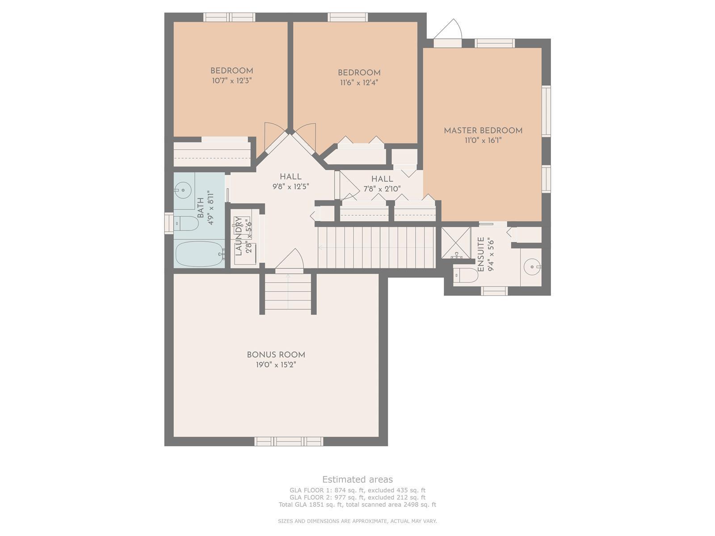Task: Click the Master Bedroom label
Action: [x=483, y=130]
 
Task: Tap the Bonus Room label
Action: [x=276, y=355]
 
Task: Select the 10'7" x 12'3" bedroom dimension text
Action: [x=231, y=80]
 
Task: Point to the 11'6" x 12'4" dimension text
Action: [x=359, y=82]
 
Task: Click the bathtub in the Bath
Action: [x=199, y=254]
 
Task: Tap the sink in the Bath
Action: [x=183, y=190]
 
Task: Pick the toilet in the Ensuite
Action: [x=466, y=275]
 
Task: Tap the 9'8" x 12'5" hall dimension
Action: [x=290, y=186]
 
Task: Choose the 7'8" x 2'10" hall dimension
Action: [x=382, y=188]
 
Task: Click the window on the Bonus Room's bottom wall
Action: [x=289, y=441]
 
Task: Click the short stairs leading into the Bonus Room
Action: [x=288, y=292]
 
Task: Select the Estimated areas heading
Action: [x=357, y=479]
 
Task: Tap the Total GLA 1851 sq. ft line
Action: [x=357, y=504]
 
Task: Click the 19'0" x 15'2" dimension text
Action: [x=276, y=364]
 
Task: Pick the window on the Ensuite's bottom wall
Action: [x=494, y=291]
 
